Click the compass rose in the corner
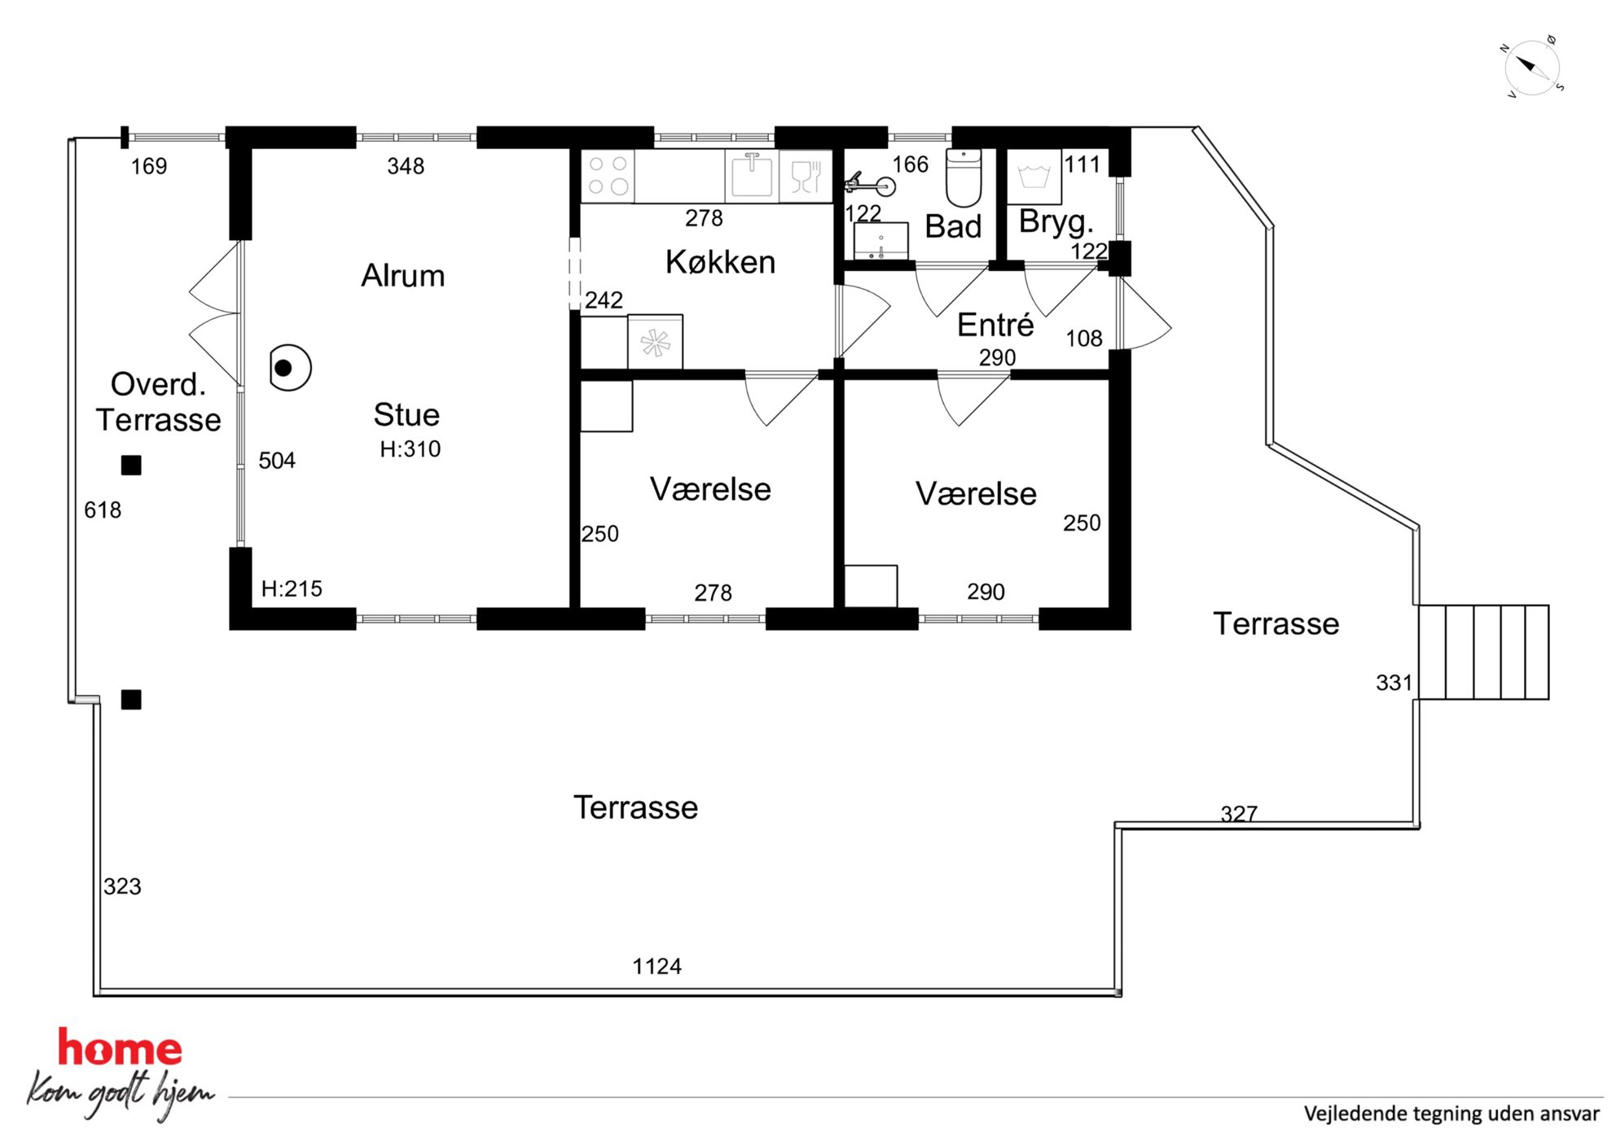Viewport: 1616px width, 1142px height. (x=1532, y=67)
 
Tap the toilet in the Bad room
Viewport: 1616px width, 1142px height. (x=964, y=177)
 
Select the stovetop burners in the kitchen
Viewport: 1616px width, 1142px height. (x=608, y=175)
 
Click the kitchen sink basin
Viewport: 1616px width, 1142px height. (x=751, y=175)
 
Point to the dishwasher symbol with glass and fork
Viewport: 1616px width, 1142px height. (x=806, y=175)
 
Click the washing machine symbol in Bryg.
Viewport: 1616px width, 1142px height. (x=1034, y=177)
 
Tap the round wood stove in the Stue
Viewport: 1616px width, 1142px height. (x=290, y=368)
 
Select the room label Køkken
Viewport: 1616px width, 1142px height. (x=720, y=262)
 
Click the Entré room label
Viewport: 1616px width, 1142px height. (x=995, y=325)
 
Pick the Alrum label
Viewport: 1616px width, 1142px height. (x=403, y=276)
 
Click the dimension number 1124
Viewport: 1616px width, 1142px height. (x=657, y=966)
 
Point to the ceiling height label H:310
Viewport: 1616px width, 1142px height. (x=411, y=448)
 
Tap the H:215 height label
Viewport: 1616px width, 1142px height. (x=292, y=589)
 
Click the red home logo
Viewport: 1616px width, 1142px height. (x=121, y=1048)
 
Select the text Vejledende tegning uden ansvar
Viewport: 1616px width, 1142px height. (x=1451, y=1114)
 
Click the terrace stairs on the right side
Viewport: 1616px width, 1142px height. (x=1483, y=652)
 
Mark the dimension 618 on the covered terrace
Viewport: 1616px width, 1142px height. (x=103, y=510)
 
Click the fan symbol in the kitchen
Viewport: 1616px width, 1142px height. (x=655, y=342)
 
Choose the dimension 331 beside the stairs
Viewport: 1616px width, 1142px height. (x=1394, y=682)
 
